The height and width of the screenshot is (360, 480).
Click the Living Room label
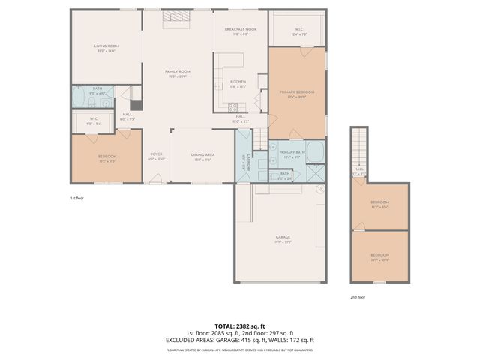click(x=106, y=46)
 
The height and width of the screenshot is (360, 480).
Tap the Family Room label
click(x=177, y=72)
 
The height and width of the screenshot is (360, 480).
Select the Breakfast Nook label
click(x=239, y=28)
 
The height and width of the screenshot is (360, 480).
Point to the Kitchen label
click(x=238, y=82)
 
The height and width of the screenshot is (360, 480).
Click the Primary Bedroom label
click(x=297, y=91)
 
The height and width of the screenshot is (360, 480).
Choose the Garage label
click(x=282, y=237)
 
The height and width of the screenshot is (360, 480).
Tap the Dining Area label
click(x=203, y=154)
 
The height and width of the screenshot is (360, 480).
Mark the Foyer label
click(x=156, y=154)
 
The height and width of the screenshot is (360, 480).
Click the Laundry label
click(x=244, y=161)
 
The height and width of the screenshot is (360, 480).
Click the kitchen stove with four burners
click(x=233, y=106)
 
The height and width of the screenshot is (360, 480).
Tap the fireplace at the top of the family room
click(x=178, y=11)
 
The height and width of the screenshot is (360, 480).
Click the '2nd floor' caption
click(x=358, y=297)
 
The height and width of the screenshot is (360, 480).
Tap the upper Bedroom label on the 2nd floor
click(x=379, y=204)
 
